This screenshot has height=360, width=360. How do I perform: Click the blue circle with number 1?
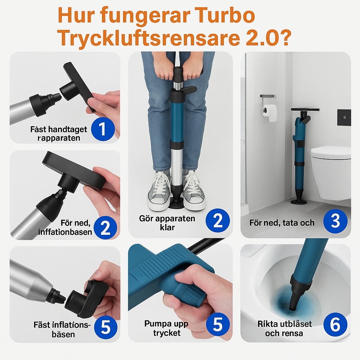click(103, 129)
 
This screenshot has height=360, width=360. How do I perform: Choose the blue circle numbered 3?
click(335, 221)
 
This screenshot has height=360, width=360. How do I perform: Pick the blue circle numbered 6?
click(335, 324)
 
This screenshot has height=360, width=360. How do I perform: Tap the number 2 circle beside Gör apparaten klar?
click(218, 220)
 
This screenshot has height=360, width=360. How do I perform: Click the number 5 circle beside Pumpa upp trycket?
click(218, 324)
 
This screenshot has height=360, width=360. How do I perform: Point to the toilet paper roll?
click(270, 112)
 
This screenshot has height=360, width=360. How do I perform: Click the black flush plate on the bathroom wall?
click(344, 117)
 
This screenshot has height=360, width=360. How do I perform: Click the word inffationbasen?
click(65, 232)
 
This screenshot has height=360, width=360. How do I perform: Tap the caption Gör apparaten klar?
click(167, 223)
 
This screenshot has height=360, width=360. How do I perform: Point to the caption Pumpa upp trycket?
click(166, 328)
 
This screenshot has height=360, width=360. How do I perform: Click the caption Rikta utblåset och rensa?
click(284, 329)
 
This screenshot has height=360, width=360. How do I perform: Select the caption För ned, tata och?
click(282, 223)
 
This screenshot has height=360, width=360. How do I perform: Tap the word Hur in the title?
click(76, 15)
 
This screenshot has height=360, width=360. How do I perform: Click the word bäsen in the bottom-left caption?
click(63, 335)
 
